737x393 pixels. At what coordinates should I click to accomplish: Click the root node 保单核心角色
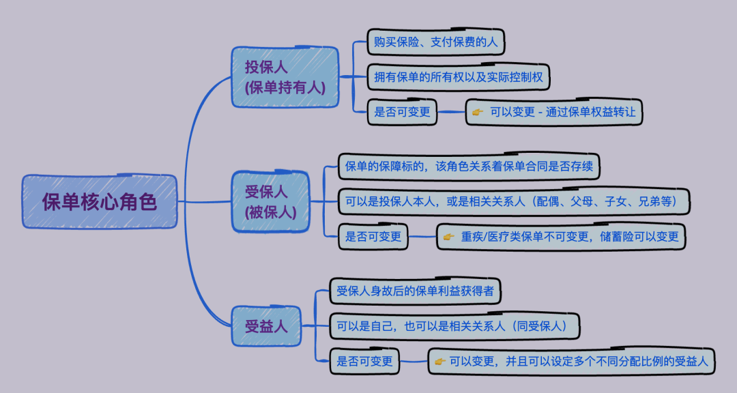point(100,202)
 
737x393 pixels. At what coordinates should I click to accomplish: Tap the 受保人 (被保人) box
point(270,202)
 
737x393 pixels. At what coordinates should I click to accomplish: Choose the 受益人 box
point(266,326)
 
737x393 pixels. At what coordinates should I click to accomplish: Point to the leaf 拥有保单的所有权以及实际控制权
point(459,77)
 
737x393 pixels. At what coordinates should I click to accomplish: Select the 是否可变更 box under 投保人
point(403,112)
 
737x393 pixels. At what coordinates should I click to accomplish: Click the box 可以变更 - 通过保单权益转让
point(554,112)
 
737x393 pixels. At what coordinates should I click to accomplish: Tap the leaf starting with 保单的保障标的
point(472,166)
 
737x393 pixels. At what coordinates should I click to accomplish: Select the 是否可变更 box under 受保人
point(373,237)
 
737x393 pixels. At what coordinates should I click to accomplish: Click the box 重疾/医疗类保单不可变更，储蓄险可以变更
point(561,237)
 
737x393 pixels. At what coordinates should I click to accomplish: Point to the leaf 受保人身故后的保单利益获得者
point(416,291)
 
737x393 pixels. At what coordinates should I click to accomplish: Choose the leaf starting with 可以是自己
point(454,326)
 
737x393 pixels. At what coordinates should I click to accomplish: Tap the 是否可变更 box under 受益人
point(365,361)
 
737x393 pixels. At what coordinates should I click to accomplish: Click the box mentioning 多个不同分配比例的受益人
point(572,361)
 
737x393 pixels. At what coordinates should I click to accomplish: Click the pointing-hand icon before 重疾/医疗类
point(448,237)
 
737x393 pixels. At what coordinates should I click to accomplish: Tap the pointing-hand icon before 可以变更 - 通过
point(478,112)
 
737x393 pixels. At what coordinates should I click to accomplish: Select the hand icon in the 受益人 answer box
point(439,361)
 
